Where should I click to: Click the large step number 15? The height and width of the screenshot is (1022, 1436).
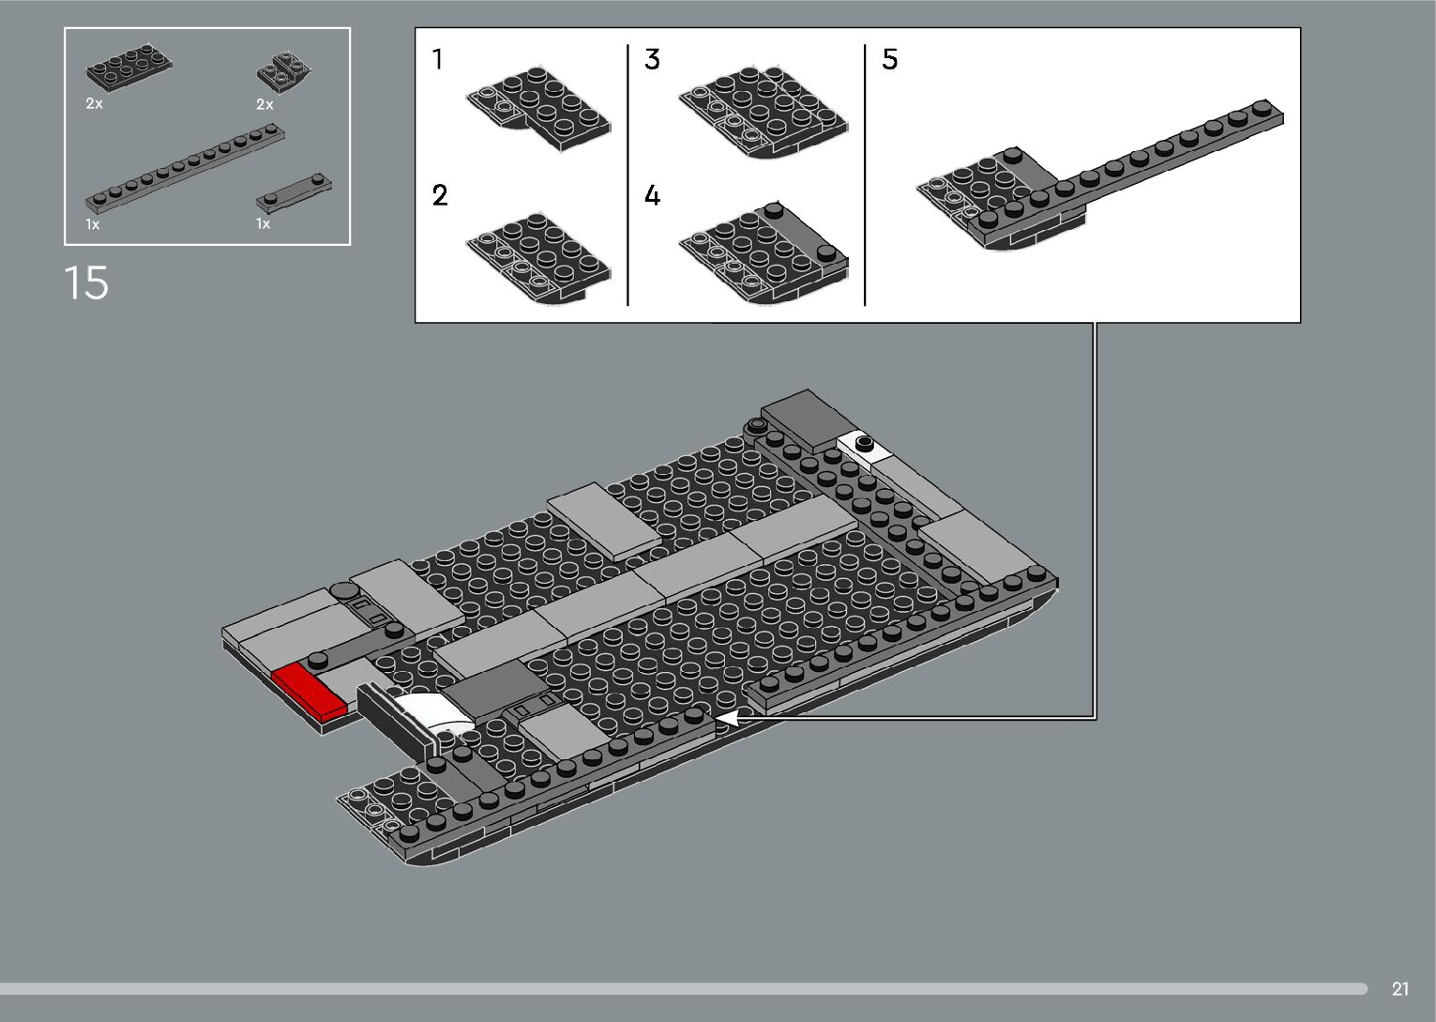(x=86, y=282)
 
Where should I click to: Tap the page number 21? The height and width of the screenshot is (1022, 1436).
(x=1400, y=988)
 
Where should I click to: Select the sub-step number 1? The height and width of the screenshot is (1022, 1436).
(x=437, y=60)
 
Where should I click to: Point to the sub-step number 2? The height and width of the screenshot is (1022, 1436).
(x=440, y=195)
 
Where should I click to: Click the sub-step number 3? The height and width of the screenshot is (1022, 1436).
(x=652, y=60)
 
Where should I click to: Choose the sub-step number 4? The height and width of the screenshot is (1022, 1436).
(x=652, y=195)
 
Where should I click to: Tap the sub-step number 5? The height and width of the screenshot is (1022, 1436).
(x=889, y=60)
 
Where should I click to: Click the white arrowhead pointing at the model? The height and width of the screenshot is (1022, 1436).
(x=727, y=718)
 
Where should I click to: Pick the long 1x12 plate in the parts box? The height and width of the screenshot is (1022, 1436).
(x=185, y=167)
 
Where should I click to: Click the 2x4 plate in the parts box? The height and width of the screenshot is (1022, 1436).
(x=128, y=69)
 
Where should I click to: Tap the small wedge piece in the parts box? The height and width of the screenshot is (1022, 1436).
(x=284, y=69)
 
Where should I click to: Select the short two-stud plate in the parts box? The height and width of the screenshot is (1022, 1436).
(x=293, y=190)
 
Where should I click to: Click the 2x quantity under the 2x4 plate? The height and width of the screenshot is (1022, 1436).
(x=94, y=104)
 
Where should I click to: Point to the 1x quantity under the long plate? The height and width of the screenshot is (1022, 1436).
(x=92, y=224)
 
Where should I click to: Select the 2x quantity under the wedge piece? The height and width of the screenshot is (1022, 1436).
(x=265, y=104)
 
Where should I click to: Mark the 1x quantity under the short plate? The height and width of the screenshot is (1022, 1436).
(x=263, y=224)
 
